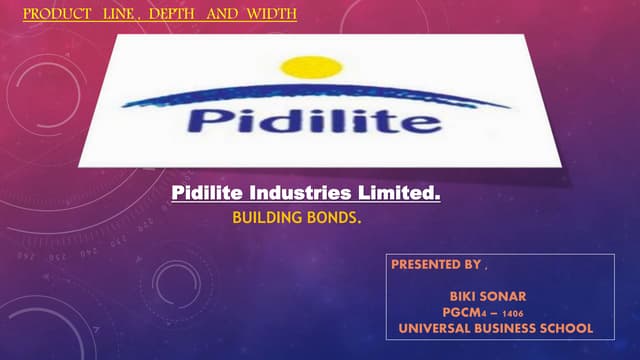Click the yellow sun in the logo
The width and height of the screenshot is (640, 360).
point(311,67)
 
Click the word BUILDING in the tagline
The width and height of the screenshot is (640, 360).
point(263,215)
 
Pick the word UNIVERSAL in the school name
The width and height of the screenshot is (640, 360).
point(433,328)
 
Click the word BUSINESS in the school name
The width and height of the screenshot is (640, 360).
point(503,328)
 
